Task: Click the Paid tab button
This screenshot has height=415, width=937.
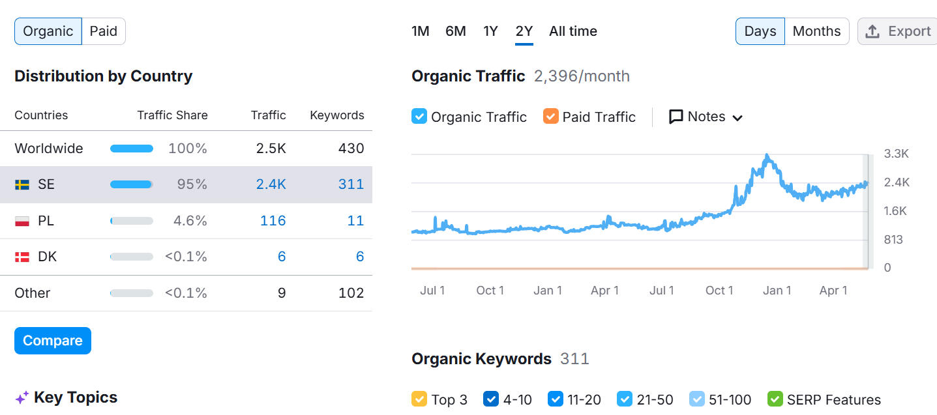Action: point(104,31)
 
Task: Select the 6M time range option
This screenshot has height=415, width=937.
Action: point(455,31)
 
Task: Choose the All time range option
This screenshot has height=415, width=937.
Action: point(573,31)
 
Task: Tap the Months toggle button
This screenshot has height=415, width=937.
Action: point(816,31)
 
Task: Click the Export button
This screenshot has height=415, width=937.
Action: point(897,31)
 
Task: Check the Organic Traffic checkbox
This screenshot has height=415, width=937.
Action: point(419,117)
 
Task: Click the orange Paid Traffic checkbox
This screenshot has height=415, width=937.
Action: point(551,117)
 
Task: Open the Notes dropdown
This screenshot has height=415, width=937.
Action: point(706,117)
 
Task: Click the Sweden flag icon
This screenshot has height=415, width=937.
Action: point(22,184)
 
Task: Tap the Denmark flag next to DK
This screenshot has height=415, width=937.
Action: point(22,257)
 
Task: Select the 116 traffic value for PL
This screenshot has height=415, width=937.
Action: point(273,221)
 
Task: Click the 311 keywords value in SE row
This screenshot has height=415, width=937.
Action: point(351,184)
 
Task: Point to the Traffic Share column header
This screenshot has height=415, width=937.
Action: point(172,115)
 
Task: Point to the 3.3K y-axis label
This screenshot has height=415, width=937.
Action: point(896,154)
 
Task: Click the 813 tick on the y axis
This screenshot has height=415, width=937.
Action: point(893,239)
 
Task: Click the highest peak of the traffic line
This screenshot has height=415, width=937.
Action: point(767,156)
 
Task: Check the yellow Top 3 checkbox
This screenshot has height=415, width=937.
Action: point(419,399)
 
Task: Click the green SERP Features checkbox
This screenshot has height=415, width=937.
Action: point(775,399)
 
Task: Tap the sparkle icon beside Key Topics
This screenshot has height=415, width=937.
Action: point(22,397)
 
